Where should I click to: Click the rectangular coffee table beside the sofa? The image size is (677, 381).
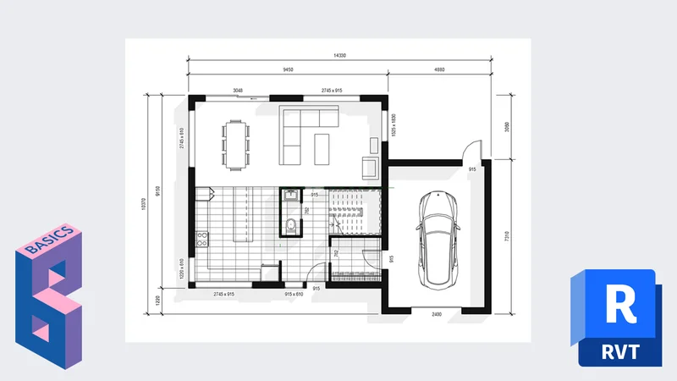(323, 148)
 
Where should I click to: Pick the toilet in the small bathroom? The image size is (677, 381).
(291, 224)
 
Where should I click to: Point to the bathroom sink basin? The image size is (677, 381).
(290, 196)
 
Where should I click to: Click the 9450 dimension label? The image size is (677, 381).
(289, 70)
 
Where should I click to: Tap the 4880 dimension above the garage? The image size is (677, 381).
(439, 70)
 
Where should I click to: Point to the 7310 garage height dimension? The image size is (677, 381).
(506, 235)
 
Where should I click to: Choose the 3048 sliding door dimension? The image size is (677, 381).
(239, 90)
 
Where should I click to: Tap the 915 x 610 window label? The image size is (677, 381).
(294, 293)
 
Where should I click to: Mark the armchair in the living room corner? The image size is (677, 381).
(370, 167)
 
